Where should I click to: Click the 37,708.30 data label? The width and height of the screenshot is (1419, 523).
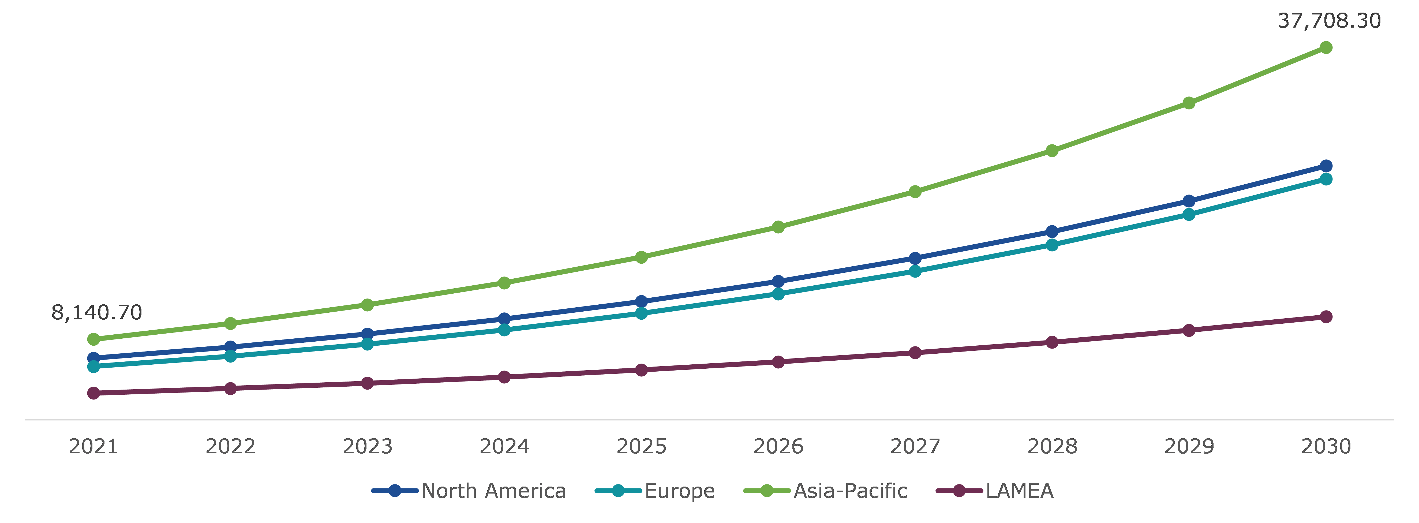pos(1329,21)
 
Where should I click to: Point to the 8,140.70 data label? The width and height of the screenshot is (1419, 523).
pos(97,312)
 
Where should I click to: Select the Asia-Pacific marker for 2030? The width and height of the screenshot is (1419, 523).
pos(1326,48)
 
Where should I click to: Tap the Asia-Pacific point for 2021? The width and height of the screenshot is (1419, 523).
pos(94,339)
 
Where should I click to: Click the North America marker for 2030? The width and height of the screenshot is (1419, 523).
pos(1326,166)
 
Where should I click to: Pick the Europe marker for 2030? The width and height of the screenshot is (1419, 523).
pos(1326,179)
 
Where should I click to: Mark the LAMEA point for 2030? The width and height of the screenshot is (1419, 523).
pos(1326,317)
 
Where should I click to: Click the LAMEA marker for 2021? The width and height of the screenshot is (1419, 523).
pos(94,393)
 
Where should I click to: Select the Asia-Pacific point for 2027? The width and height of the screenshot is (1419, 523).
pos(915,192)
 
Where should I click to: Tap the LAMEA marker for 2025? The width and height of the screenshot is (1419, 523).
pos(641,370)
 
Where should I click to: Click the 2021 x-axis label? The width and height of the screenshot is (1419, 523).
pos(94,446)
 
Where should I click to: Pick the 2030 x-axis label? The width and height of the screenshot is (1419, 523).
pos(1326,446)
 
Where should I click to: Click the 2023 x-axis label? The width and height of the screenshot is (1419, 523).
pos(368,446)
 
